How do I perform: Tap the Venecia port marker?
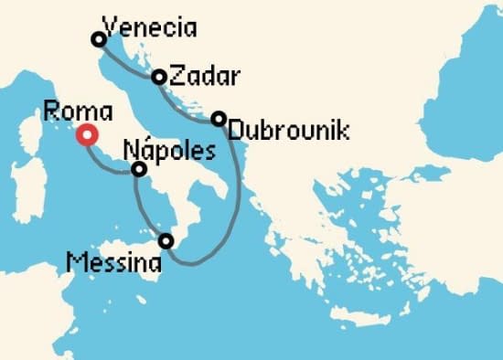click(98, 38)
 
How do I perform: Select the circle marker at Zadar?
click(158, 78)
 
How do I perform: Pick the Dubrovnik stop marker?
click(219, 119)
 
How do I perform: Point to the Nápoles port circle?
click(139, 169)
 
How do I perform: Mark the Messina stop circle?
click(166, 241)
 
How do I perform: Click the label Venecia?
click(150, 27)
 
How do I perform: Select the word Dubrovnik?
click(288, 131)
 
